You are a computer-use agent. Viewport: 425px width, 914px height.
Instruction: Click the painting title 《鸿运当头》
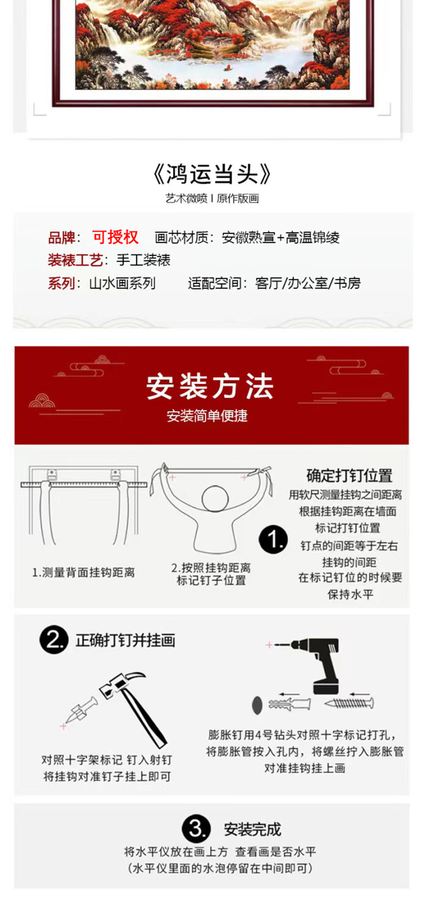pos(212,174)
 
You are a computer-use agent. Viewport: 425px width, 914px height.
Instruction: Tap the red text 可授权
pos(115,237)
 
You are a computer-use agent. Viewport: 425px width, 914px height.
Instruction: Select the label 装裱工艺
pos(75,260)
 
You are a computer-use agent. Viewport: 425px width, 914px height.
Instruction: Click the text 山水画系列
pos(122,283)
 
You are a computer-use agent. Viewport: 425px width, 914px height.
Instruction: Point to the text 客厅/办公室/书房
pos(308,283)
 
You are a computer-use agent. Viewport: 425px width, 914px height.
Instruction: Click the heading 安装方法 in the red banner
pos(210,387)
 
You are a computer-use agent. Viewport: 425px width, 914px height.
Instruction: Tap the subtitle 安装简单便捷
pos(207,416)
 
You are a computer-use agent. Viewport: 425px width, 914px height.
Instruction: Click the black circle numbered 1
pos(273,539)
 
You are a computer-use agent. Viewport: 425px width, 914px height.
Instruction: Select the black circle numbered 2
pos(54,640)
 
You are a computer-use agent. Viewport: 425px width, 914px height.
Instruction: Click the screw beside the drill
pos(349,703)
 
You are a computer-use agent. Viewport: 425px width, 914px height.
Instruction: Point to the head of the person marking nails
pos(215,499)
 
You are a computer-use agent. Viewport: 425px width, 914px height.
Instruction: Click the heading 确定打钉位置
pos(349,475)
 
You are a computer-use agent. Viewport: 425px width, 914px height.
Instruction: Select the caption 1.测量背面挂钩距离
pos(83,573)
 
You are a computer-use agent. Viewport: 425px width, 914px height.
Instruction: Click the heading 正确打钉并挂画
pos(125,640)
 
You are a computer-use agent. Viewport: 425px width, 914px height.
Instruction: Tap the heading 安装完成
pos(252,830)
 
